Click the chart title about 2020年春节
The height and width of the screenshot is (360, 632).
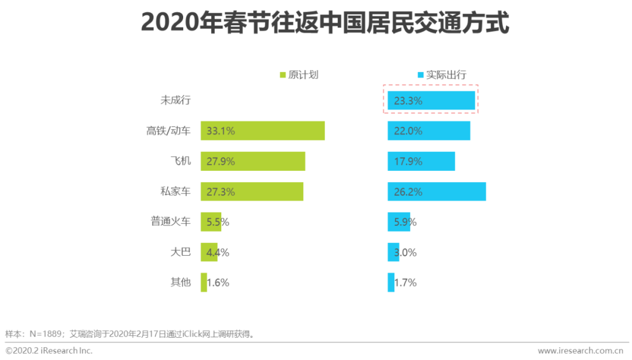click(x=325, y=23)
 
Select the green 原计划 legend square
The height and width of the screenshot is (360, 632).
click(x=283, y=75)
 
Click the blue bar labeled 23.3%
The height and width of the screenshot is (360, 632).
click(x=431, y=101)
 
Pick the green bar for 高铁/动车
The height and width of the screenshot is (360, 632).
click(x=262, y=131)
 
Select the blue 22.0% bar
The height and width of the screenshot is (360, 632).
click(x=429, y=131)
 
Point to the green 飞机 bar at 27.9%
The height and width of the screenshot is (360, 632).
click(x=253, y=161)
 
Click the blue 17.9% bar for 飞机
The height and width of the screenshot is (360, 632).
click(x=421, y=161)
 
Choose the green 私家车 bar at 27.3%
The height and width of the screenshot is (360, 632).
click(x=252, y=191)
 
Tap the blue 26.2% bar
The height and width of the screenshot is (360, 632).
click(x=437, y=191)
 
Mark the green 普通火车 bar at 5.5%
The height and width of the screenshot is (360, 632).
click(x=211, y=222)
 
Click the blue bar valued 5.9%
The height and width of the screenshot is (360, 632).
click(x=399, y=222)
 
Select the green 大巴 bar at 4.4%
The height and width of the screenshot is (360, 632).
click(x=209, y=252)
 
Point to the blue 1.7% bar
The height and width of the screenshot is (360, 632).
click(x=391, y=283)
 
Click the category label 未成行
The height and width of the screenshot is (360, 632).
click(x=176, y=100)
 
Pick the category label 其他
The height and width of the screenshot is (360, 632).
click(x=180, y=283)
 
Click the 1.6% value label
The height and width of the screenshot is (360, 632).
click(x=218, y=283)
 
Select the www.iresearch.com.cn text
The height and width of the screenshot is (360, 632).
click(x=580, y=350)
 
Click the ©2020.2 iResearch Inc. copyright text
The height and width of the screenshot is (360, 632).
click(x=49, y=350)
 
